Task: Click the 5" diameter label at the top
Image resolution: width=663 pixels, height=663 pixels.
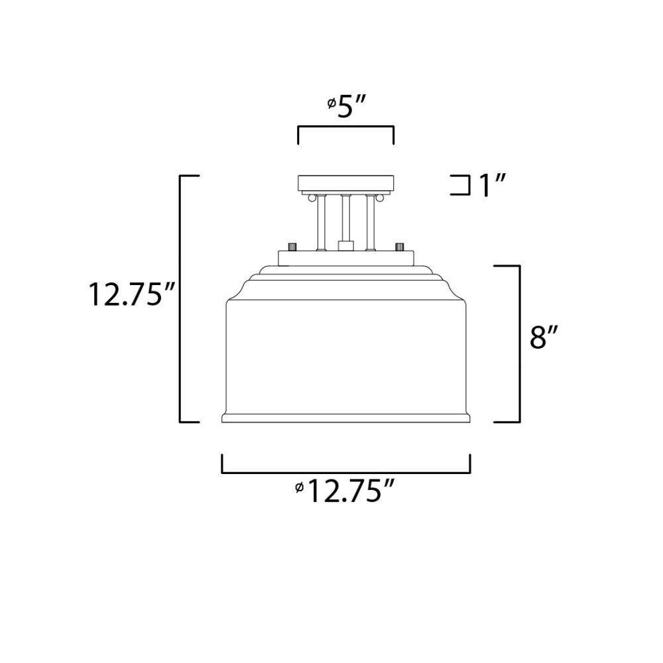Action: tap(346, 107)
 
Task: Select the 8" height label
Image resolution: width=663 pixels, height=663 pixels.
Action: tap(544, 337)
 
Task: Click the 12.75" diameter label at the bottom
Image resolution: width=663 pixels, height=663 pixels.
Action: tap(345, 491)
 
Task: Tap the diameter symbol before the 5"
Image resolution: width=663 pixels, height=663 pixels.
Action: tap(332, 103)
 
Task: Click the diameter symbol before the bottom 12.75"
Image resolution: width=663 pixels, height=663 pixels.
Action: tap(300, 487)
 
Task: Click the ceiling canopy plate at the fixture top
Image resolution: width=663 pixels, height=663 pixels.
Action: tap(346, 183)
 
